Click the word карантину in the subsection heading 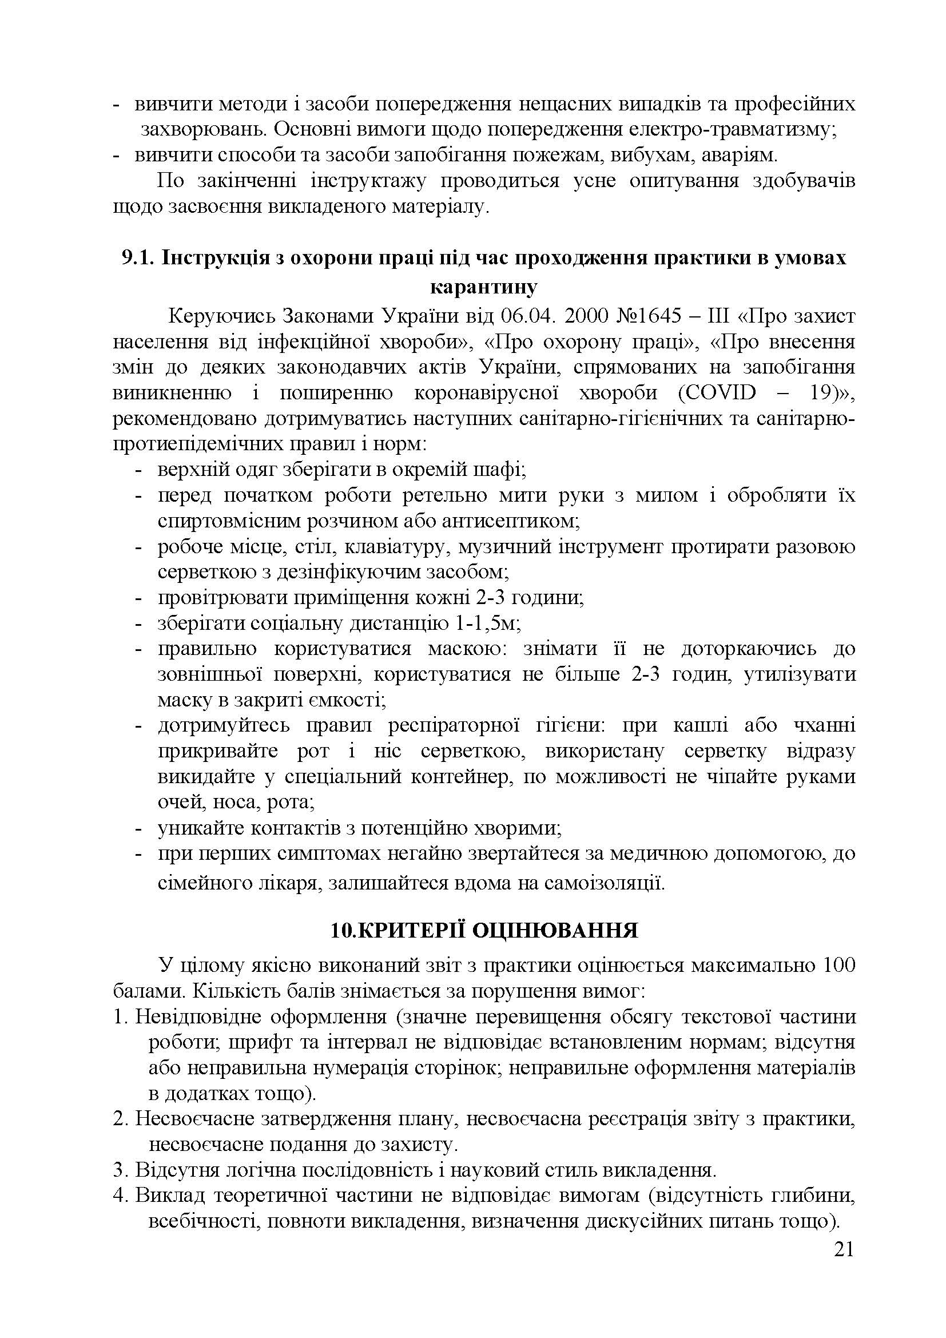coord(483,287)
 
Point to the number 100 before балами coord(838,966)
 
